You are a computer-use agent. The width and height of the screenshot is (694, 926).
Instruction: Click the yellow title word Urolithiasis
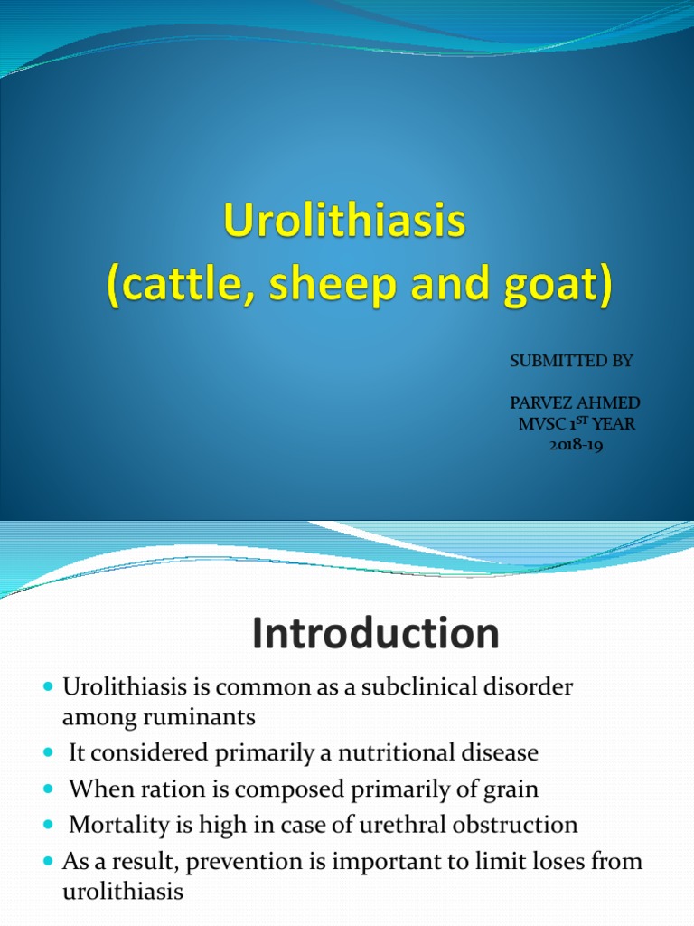tap(346, 223)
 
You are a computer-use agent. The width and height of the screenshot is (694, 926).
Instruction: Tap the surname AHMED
tap(610, 402)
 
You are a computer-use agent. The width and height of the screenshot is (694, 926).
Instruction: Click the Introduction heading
tap(374, 634)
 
